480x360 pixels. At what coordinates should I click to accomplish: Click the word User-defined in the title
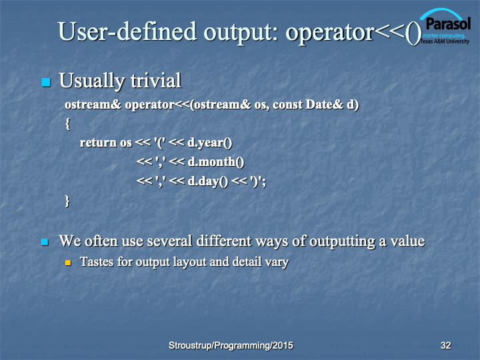coord(127,31)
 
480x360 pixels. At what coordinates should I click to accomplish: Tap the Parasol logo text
coord(448,23)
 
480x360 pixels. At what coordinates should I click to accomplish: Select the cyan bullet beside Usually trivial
coord(46,82)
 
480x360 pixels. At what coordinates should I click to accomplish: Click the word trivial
coord(156,81)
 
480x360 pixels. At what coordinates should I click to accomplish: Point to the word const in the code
coord(287,105)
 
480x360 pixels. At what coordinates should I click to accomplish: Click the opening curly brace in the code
coord(67,124)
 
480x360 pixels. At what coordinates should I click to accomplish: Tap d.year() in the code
coord(210,143)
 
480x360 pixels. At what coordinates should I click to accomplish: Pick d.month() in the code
coord(216,162)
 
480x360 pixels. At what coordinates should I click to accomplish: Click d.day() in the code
coord(208,181)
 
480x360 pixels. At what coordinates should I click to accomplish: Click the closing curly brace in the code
coord(67,201)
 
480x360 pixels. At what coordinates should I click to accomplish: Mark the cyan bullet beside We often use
coord(45,243)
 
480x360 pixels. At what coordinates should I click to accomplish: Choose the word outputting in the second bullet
coord(342,241)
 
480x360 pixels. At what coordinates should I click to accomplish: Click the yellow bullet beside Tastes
coord(68,263)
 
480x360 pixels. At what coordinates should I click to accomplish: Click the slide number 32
coord(446,345)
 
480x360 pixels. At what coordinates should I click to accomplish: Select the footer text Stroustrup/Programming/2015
coord(231,345)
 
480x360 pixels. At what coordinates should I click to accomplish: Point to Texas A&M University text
coord(445,41)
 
